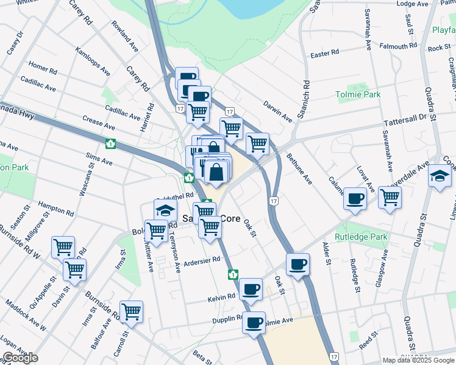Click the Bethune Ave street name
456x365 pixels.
click(x=299, y=170)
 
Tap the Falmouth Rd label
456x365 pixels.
click(x=397, y=46)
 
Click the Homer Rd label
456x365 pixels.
click(x=42, y=68)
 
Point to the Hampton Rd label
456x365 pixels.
click(x=55, y=209)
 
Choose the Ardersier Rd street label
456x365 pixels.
click(x=201, y=260)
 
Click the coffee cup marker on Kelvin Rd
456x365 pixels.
click(x=251, y=289)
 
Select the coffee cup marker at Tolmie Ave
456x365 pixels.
click(x=254, y=322)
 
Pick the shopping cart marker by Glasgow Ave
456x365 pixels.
click(x=390, y=196)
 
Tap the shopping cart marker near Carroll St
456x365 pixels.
click(x=131, y=311)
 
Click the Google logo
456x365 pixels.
click(x=20, y=358)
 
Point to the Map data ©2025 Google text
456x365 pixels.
click(x=418, y=360)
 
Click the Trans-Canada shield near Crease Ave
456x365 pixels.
click(x=110, y=144)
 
